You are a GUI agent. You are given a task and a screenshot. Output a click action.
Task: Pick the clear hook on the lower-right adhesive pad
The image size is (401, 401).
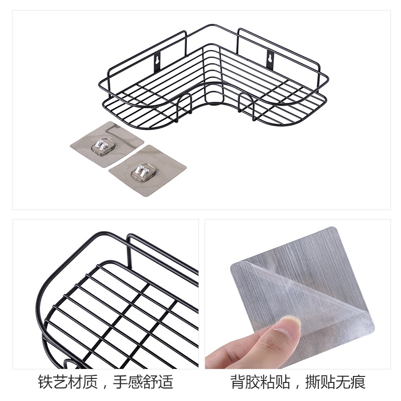(x=142, y=171)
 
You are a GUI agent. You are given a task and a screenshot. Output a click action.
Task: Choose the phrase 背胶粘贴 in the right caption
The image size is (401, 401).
(x=260, y=382)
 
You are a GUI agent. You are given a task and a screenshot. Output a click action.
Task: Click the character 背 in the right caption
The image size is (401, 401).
(x=238, y=382)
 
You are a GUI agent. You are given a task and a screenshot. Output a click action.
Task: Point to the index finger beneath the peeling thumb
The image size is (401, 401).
(x=236, y=353)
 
